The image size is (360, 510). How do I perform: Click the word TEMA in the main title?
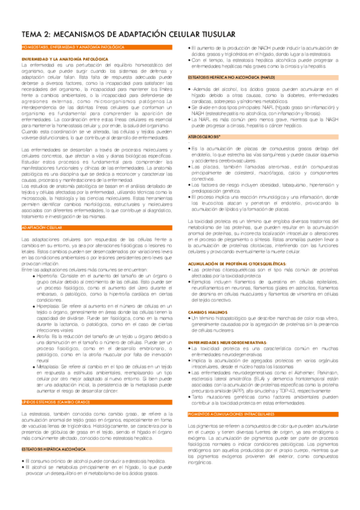pyautogui.click(x=31, y=35)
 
